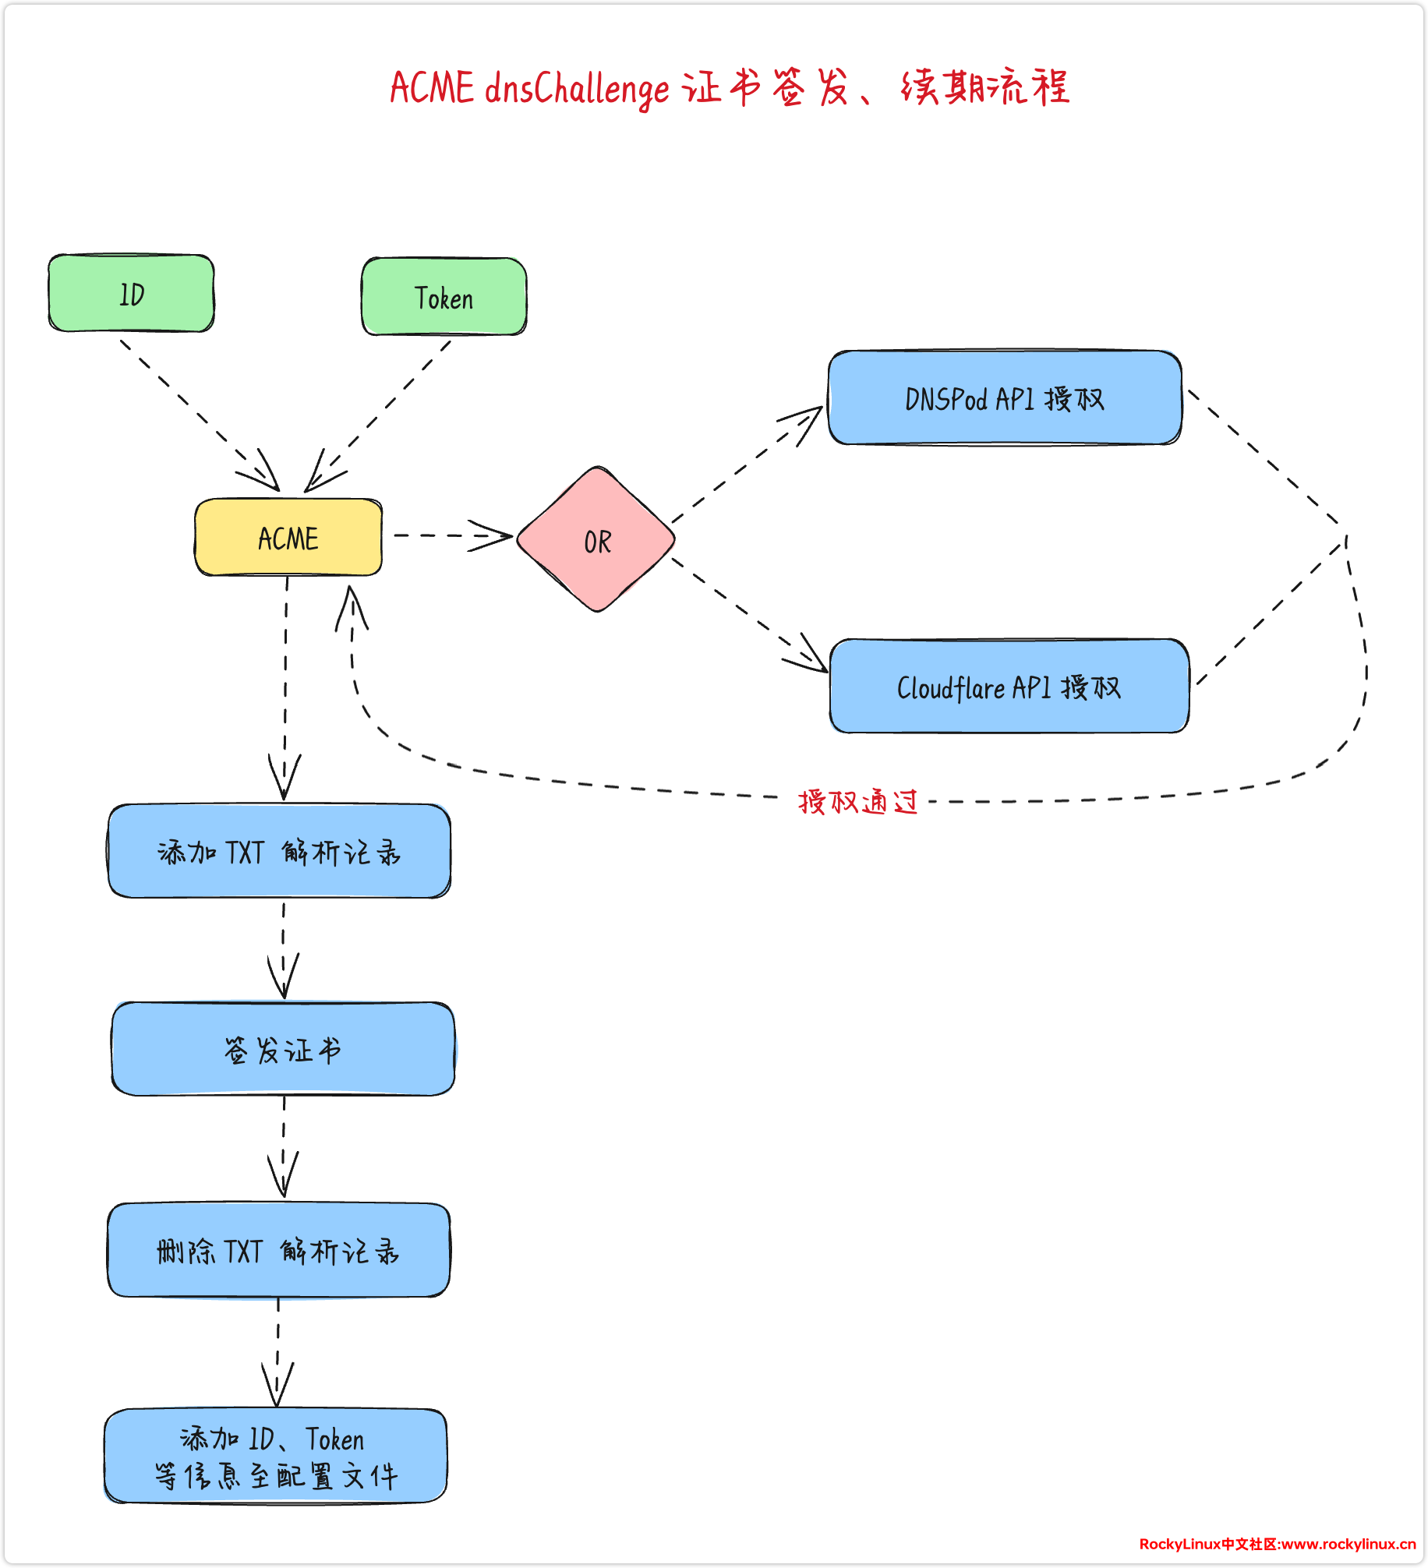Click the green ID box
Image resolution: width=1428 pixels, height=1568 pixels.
coord(131,294)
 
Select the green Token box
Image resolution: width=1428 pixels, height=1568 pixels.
coord(444,297)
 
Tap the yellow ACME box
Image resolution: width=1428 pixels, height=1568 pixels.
coord(288,538)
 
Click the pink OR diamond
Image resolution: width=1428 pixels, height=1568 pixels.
coord(596,539)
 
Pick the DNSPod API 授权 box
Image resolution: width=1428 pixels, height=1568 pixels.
coord(1005,398)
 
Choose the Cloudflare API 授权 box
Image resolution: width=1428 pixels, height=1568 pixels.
coord(1009,687)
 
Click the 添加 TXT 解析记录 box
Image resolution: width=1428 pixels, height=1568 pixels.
coord(279,851)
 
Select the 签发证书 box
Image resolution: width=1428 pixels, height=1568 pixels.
coord(283,1049)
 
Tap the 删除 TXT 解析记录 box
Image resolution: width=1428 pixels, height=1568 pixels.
coord(278,1250)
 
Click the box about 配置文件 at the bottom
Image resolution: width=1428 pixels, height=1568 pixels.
coord(276,1456)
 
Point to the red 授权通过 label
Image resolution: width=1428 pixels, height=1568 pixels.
coord(858,801)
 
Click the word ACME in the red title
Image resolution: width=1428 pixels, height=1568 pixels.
coord(432,87)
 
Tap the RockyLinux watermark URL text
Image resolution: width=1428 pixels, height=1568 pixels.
coord(1277,1544)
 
